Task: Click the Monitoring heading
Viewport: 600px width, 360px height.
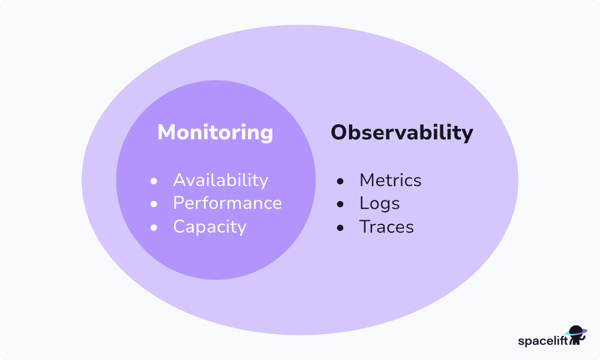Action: pos(215,133)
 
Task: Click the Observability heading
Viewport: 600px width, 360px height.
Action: pos(401,133)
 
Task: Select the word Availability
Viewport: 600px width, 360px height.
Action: pos(220,180)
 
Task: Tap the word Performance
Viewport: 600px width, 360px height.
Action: pos(227,203)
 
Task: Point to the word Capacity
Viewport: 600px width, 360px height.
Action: pos(209,227)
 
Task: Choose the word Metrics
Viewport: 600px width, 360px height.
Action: pos(390,180)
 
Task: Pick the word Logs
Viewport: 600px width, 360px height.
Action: pos(379,203)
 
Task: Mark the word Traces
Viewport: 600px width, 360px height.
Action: pos(386,227)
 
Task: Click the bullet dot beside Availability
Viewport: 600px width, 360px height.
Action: pos(154,181)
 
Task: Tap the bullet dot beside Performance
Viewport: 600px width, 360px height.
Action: pos(154,204)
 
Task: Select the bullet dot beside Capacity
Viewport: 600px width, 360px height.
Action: pos(154,227)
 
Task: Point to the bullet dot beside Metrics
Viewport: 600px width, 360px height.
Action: pos(340,181)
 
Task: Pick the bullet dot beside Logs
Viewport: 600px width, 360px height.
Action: pos(340,204)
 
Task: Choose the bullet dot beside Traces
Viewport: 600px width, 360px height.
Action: pos(340,227)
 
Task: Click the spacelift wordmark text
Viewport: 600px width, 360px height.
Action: pos(542,341)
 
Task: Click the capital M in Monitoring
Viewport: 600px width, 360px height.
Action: pos(166,133)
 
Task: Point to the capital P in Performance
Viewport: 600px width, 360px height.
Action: pos(178,203)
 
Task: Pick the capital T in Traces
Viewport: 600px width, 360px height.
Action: pos(364,227)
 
